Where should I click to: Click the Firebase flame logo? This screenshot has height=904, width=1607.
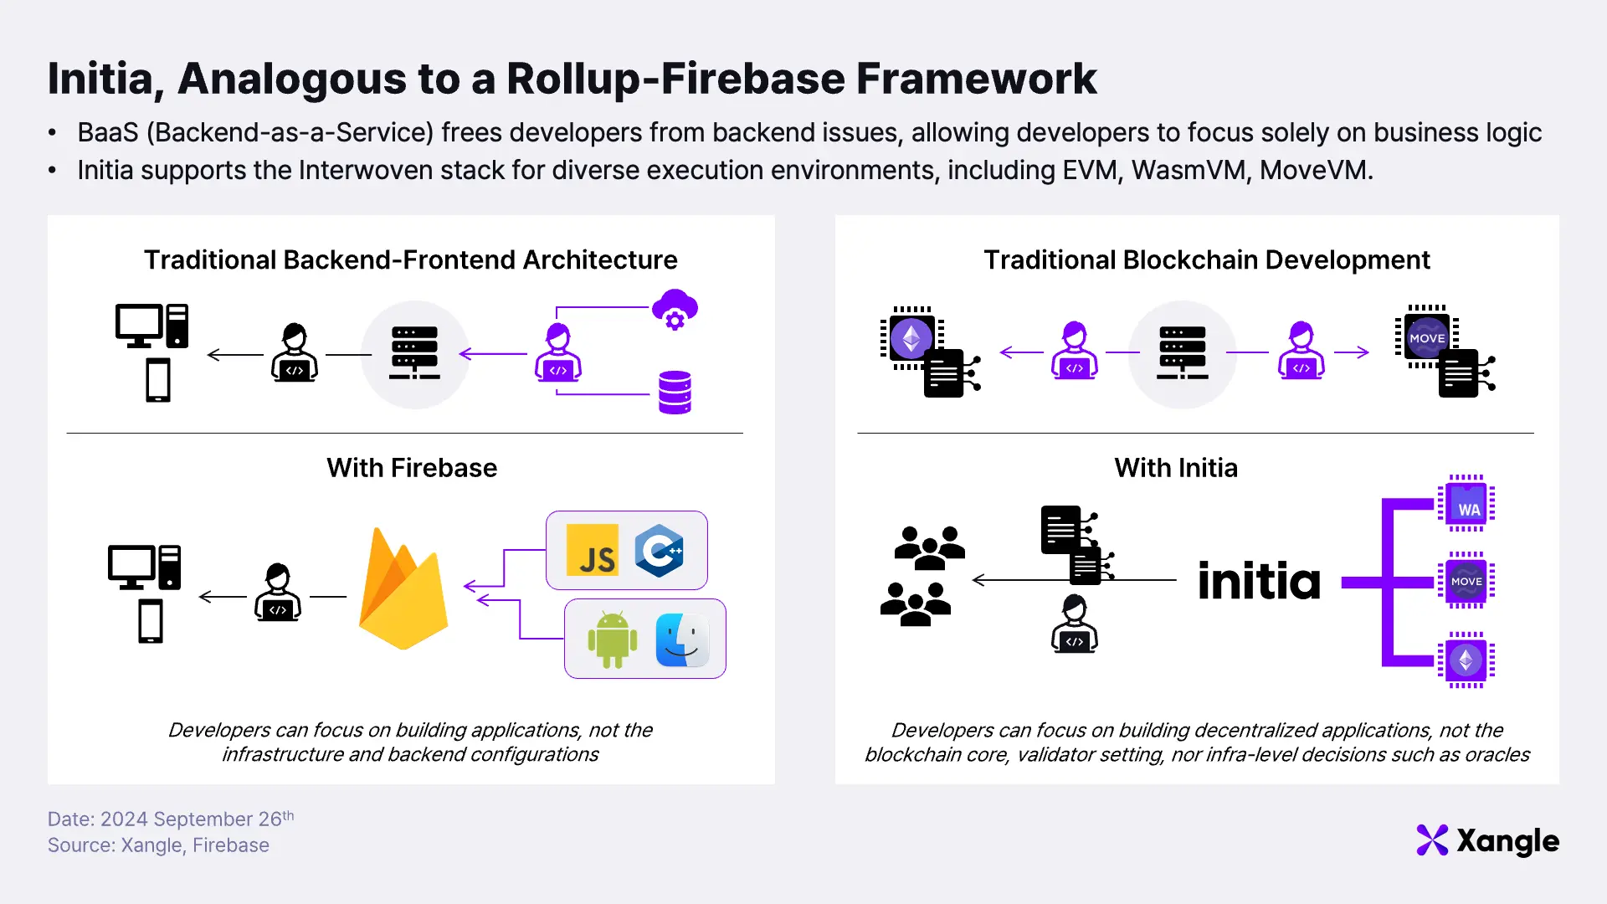[x=403, y=590]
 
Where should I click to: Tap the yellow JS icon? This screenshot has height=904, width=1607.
[x=593, y=550]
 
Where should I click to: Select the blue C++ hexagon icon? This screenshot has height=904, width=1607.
[x=659, y=551]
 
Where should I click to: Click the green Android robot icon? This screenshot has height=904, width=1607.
[x=613, y=639]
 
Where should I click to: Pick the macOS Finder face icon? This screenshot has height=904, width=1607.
[x=682, y=639]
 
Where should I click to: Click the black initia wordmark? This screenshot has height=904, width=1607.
[x=1259, y=581]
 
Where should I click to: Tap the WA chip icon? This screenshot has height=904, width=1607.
[x=1466, y=504]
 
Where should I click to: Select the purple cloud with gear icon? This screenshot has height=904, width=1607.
[x=675, y=310]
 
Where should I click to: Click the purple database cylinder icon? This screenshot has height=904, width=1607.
[x=675, y=393]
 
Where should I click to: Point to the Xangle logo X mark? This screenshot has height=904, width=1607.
[x=1432, y=840]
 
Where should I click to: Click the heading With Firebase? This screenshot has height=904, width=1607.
[x=412, y=468]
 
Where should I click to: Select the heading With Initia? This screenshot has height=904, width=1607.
[x=1176, y=468]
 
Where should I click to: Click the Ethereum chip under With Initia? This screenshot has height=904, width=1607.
[x=1466, y=660]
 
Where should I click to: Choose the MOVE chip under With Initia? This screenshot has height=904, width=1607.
[x=1466, y=581]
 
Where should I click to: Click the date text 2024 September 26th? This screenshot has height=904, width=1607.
[x=197, y=819]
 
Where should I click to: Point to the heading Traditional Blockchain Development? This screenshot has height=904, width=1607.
[x=1206, y=260]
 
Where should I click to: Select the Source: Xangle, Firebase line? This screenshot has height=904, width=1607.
[x=158, y=845]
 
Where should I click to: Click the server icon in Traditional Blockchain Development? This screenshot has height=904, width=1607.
[x=1182, y=353]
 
